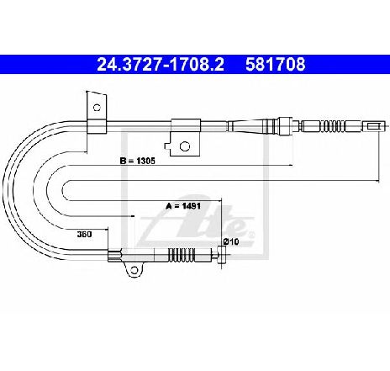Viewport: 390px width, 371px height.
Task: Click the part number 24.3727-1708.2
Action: click(161, 64)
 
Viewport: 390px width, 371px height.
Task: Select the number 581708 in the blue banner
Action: click(276, 64)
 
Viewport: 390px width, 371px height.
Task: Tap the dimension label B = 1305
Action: click(137, 161)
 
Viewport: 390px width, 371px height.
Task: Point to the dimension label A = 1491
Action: click(183, 206)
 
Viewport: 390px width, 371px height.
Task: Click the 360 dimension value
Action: click(84, 234)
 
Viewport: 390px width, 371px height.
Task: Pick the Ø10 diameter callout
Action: click(231, 241)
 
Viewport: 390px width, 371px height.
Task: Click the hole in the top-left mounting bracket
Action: click(97, 107)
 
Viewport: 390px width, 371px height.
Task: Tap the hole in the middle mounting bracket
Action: click(184, 146)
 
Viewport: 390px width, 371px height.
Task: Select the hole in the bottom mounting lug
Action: click(134, 270)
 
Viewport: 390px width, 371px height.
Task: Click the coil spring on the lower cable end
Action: click(182, 255)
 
